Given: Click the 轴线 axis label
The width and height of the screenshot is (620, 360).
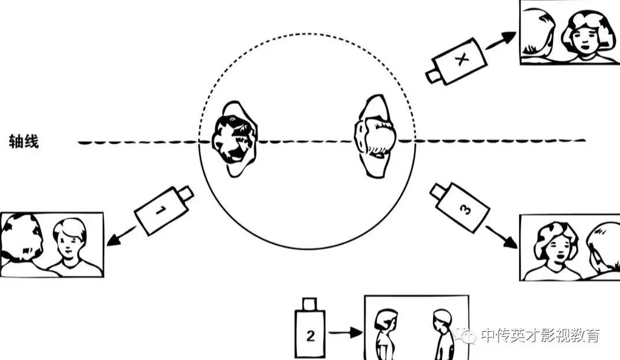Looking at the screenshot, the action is [x=24, y=141].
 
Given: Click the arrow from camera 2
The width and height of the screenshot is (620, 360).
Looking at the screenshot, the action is [x=345, y=332].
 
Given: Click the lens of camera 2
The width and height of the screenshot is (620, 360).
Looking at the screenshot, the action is [x=310, y=303].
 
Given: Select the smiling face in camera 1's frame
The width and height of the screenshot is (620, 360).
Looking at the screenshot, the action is [x=69, y=243].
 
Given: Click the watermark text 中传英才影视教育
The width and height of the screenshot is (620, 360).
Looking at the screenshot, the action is [x=540, y=335].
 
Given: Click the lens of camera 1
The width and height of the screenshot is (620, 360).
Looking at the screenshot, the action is [x=185, y=193].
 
